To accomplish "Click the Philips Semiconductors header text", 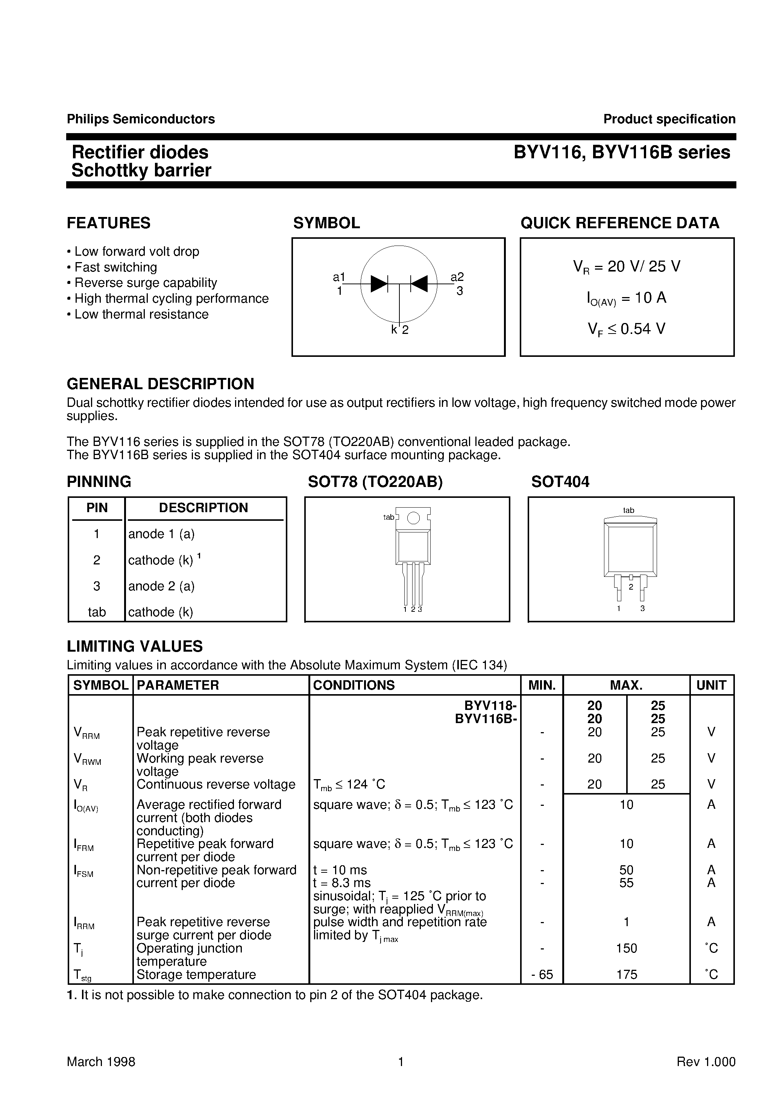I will click(x=141, y=119).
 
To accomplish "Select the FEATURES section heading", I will click(x=109, y=223).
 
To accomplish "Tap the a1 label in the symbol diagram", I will click(x=339, y=277).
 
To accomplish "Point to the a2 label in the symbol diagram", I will click(x=457, y=277).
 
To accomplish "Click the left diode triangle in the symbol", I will click(x=378, y=284).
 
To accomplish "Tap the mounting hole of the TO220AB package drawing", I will click(x=413, y=518).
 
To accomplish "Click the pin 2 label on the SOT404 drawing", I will click(x=631, y=587).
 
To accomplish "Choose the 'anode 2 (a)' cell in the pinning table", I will click(x=161, y=586).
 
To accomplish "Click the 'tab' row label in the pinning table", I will click(x=97, y=612).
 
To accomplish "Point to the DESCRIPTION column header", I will click(x=203, y=508).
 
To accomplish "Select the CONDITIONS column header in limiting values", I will click(x=354, y=685).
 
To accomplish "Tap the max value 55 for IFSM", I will click(x=626, y=883).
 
